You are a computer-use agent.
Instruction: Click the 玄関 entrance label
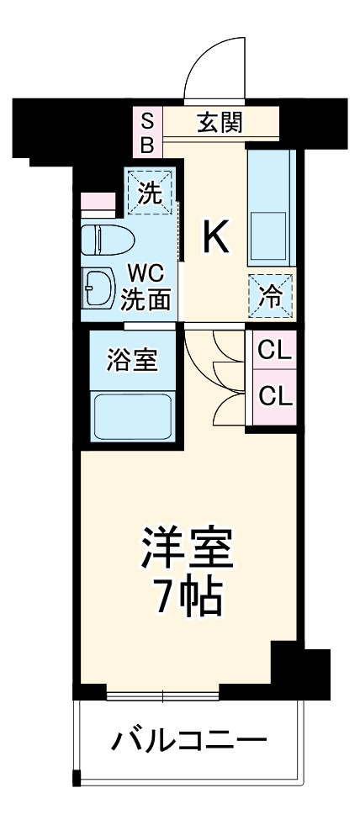point(220,123)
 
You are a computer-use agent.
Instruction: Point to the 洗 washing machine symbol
point(149,193)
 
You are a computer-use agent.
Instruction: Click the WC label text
point(145,272)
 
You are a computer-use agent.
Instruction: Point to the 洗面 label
point(148,298)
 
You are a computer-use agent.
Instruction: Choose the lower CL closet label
point(275,394)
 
